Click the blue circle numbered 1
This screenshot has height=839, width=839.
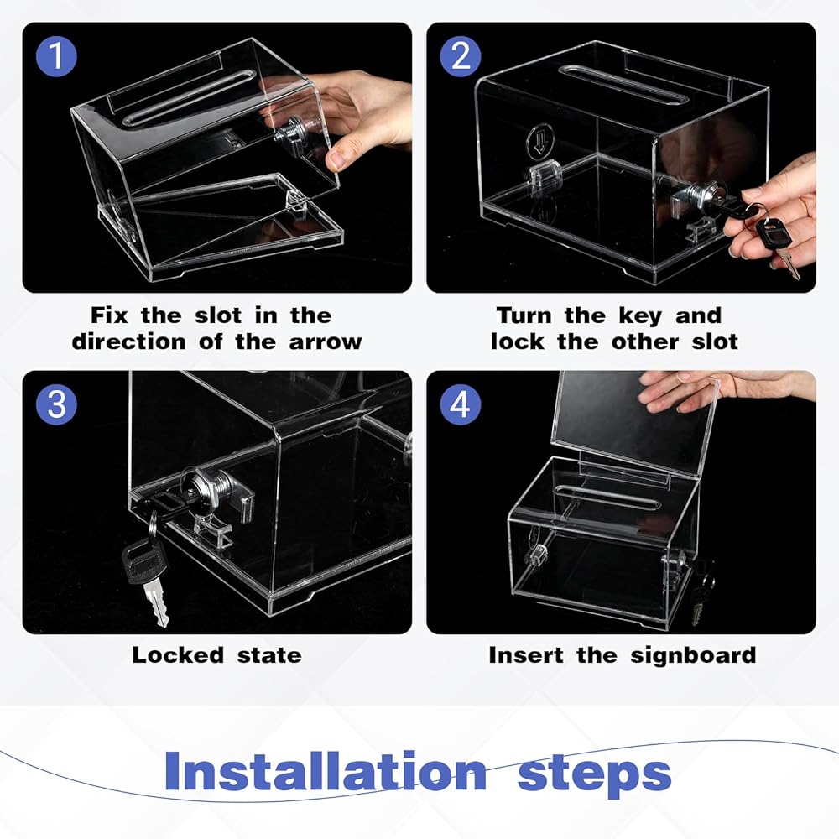tap(56, 56)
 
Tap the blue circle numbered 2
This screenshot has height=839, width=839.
tap(460, 56)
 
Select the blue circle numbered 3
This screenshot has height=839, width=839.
tap(56, 404)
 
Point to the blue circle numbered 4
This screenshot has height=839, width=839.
tap(460, 404)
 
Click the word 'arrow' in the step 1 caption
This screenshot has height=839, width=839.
tap(326, 342)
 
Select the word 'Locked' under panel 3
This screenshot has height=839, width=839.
tap(178, 655)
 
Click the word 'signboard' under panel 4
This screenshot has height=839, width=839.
tap(693, 655)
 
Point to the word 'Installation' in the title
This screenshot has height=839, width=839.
tap(326, 771)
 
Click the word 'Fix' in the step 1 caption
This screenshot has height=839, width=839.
tap(109, 315)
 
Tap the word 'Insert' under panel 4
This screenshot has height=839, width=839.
tap(526, 655)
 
